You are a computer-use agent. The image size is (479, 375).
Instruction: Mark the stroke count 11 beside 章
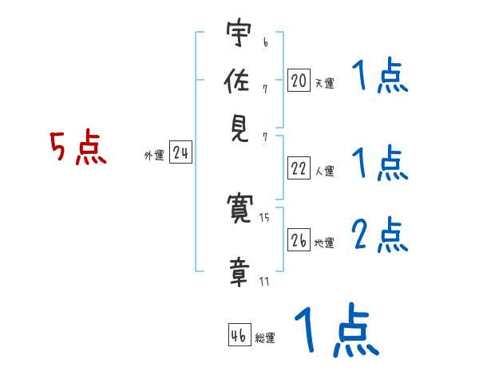[263, 281]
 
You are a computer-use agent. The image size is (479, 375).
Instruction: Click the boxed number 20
[299, 81]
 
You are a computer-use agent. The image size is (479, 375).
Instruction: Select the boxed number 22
[299, 168]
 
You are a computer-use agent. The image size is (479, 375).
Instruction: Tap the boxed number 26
[299, 240]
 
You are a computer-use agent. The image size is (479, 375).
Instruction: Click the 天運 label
[324, 83]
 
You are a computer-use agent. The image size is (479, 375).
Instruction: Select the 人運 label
[324, 171]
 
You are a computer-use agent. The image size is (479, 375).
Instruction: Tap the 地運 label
[324, 243]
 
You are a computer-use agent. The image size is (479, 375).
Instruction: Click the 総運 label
[265, 338]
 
